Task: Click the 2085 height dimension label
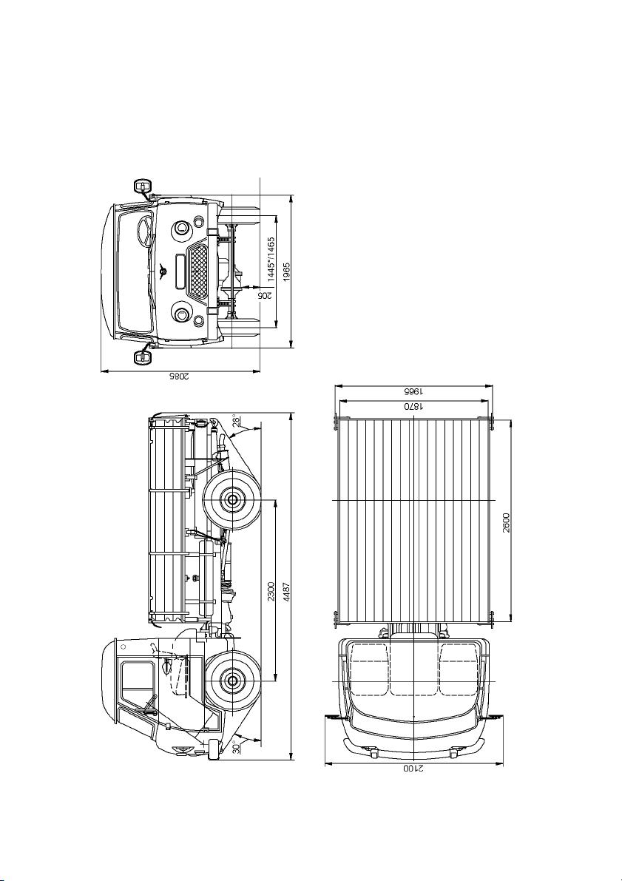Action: point(180,377)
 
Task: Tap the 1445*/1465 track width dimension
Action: point(271,258)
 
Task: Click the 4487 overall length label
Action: point(287,592)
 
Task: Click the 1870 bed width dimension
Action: point(413,406)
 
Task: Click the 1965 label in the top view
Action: point(413,391)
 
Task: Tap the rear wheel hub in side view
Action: point(231,499)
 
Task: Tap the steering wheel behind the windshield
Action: point(144,230)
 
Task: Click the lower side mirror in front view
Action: point(142,357)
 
